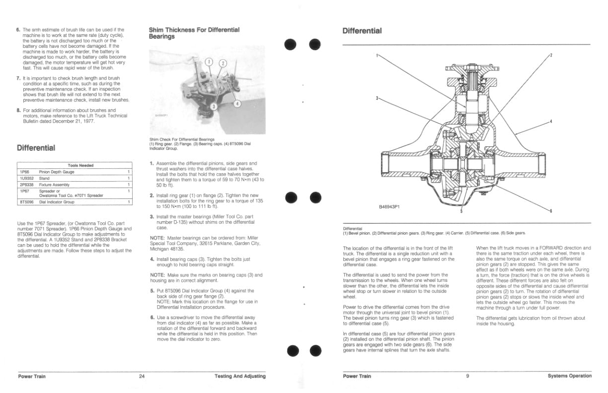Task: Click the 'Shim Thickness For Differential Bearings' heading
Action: coord(194,33)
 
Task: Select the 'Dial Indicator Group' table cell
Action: coord(57,202)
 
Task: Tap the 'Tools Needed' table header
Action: coord(80,165)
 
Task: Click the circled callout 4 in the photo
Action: coord(237,104)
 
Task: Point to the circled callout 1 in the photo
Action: coord(209,62)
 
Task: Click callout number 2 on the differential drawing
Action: coord(550,55)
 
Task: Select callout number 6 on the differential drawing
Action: coord(550,211)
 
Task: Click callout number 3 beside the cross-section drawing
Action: coord(378,98)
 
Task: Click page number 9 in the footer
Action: coord(467,376)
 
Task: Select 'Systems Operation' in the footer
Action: coord(569,376)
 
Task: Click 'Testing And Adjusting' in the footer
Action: coord(240,376)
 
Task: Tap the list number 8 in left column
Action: coord(18,110)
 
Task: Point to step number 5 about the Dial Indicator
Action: coord(152,291)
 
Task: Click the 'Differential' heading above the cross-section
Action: coord(362,31)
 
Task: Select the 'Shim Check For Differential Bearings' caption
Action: coord(182,139)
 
